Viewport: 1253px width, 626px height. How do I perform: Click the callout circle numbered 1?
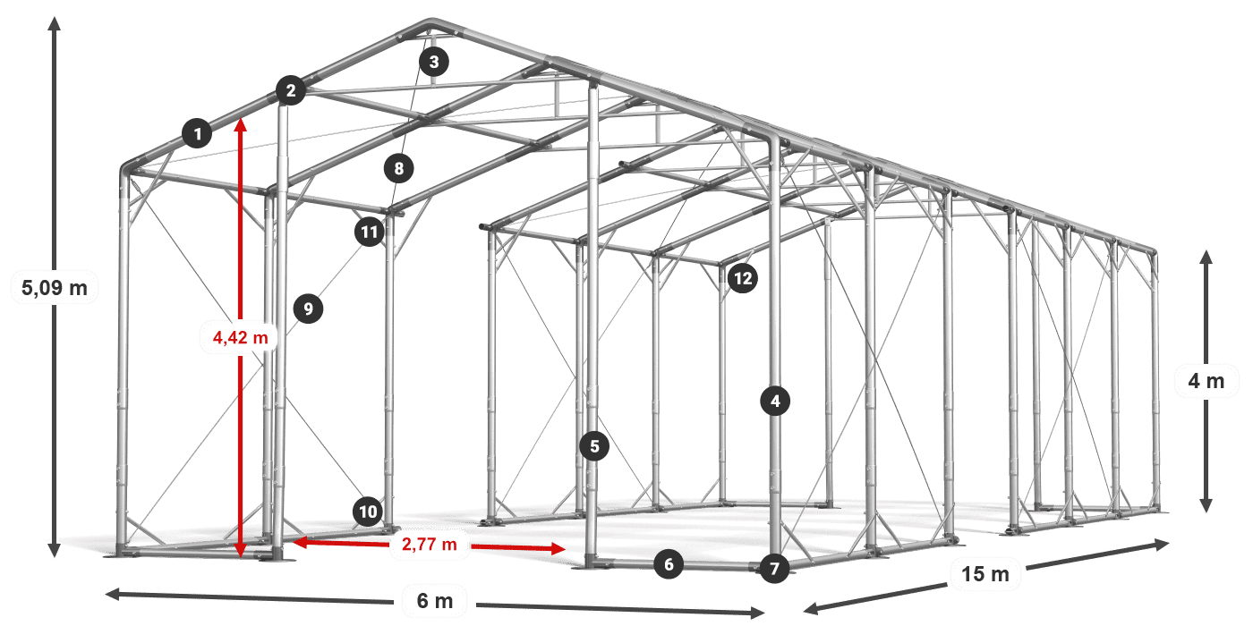point(197,133)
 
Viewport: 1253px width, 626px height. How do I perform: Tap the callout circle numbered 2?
point(291,90)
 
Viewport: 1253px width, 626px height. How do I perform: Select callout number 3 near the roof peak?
point(434,62)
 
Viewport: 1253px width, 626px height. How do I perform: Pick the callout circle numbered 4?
point(775,401)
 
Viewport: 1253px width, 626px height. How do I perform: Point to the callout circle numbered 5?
point(594,446)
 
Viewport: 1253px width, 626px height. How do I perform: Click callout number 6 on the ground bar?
point(669,564)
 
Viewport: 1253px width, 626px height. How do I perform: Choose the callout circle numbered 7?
point(775,569)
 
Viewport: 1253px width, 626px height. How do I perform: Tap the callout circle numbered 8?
point(399,168)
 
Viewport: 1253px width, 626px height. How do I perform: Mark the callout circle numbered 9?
point(308,309)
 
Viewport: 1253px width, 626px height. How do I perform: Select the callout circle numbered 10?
point(368,512)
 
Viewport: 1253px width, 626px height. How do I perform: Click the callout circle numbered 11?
point(370,232)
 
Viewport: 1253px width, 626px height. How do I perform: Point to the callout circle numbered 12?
point(743,278)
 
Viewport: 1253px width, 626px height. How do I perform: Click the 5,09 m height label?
point(55,288)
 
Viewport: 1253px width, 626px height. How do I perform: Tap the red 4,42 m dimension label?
point(241,337)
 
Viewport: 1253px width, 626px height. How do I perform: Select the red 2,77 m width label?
point(430,544)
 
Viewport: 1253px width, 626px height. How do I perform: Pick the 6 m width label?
point(435,601)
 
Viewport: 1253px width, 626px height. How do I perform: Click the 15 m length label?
point(985,573)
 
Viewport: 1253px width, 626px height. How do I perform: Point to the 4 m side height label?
point(1206,381)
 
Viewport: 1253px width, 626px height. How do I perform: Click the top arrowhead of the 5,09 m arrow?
point(55,23)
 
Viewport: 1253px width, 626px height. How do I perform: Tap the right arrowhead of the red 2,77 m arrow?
point(558,548)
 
